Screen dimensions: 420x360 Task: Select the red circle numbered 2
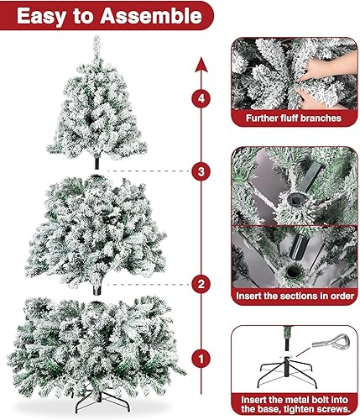(x=199, y=284)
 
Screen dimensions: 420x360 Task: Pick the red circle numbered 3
(x=199, y=171)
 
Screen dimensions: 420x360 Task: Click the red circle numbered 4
(x=199, y=99)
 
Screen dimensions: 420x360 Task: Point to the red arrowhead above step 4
(x=199, y=62)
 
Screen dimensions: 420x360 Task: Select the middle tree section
(x=99, y=227)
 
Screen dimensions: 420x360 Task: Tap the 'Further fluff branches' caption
(x=293, y=118)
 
